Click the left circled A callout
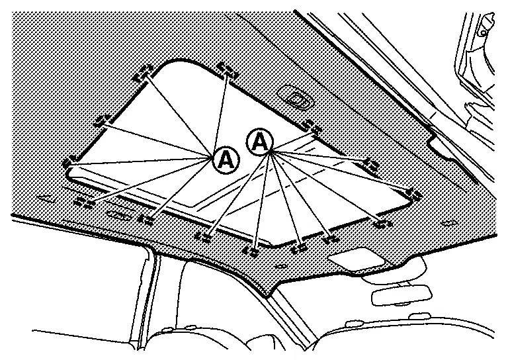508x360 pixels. pyautogui.click(x=226, y=160)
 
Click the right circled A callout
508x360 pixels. pyautogui.click(x=260, y=142)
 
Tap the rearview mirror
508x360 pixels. pyautogui.click(x=402, y=295)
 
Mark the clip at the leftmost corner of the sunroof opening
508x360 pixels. pyautogui.click(x=70, y=161)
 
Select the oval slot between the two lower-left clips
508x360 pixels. pyautogui.click(x=118, y=214)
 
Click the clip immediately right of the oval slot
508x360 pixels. pyautogui.click(x=146, y=220)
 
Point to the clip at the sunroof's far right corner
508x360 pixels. pyautogui.click(x=415, y=193)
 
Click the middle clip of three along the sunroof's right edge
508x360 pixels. pyautogui.click(x=370, y=165)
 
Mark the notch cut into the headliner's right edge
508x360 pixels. pyautogui.click(x=440, y=144)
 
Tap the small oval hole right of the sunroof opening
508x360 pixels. pyautogui.click(x=448, y=223)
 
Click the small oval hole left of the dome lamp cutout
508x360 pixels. pyautogui.click(x=280, y=266)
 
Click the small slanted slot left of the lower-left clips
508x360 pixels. pyautogui.click(x=47, y=198)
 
